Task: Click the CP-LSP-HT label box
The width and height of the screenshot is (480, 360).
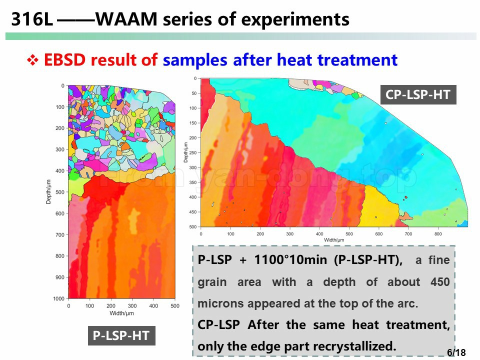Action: click(x=418, y=94)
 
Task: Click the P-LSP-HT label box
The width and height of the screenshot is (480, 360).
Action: click(x=121, y=335)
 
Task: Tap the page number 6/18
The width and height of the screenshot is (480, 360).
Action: click(x=456, y=352)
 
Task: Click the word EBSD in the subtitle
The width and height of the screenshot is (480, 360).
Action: click(x=64, y=59)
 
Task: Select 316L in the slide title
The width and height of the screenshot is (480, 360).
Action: click(x=32, y=19)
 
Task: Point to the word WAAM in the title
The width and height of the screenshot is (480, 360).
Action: click(x=126, y=19)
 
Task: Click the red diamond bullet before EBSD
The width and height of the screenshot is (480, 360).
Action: click(x=32, y=60)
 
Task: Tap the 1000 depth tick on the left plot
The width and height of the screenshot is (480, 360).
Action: click(x=59, y=298)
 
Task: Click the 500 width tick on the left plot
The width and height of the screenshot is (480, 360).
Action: click(x=175, y=306)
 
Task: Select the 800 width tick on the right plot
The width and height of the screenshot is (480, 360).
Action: click(x=438, y=234)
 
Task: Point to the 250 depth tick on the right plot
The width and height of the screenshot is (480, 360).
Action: click(x=193, y=152)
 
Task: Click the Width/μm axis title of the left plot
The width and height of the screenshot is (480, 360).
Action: click(x=121, y=313)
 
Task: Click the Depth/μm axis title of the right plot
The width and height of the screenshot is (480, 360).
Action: click(x=185, y=152)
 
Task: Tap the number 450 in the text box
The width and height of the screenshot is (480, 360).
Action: click(x=440, y=281)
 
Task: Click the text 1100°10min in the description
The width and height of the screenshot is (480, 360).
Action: click(x=290, y=259)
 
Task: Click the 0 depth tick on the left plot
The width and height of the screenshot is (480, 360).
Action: click(x=63, y=85)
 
